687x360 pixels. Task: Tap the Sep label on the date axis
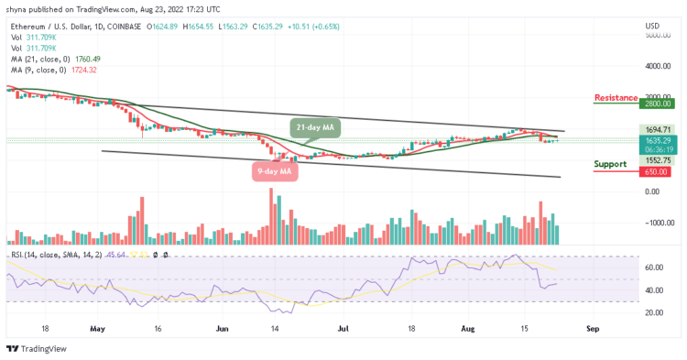coord(592,327)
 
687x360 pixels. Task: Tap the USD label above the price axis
coord(652,26)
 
